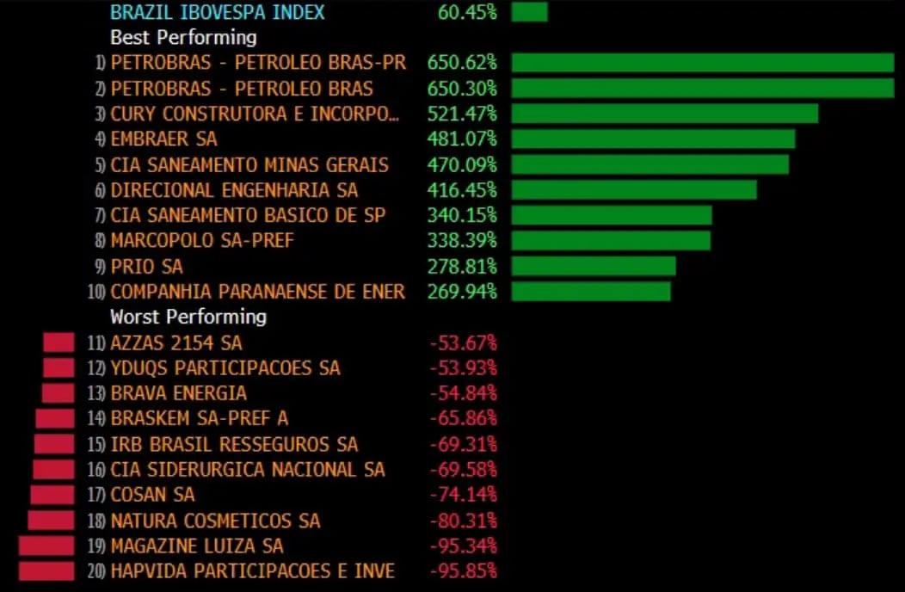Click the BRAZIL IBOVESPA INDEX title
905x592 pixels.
click(x=218, y=12)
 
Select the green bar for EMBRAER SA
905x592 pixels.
click(x=653, y=139)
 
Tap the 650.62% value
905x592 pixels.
click(x=462, y=63)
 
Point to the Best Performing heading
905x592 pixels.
click(x=183, y=38)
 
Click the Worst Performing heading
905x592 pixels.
click(x=188, y=317)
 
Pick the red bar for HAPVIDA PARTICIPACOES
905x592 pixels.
click(x=46, y=570)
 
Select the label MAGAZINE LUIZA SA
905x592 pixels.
click(x=197, y=546)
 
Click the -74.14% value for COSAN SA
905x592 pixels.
click(x=464, y=495)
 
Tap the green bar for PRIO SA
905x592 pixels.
click(x=594, y=266)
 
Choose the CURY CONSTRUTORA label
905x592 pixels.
click(x=255, y=114)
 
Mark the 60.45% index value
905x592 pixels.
click(x=462, y=12)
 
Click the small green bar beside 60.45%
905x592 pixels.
click(x=529, y=12)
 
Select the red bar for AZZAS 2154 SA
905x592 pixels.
click(x=59, y=342)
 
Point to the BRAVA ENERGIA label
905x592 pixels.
click(x=179, y=393)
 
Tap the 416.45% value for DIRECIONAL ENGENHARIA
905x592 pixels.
click(x=462, y=190)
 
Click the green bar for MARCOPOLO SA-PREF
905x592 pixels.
click(x=611, y=240)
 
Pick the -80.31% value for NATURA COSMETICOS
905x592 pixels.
click(x=464, y=521)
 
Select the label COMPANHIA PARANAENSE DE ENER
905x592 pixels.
click(x=257, y=292)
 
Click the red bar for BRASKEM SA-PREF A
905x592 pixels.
click(x=55, y=418)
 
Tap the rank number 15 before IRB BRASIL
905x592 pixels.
click(x=96, y=445)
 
